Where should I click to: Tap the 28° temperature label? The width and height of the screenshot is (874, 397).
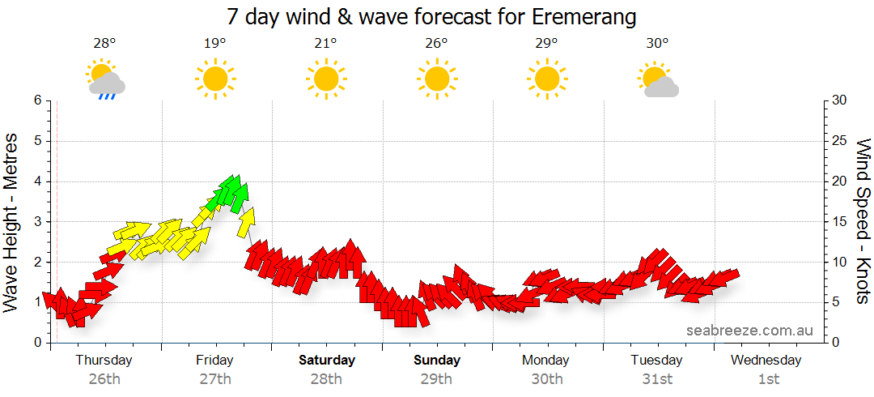coord(104,44)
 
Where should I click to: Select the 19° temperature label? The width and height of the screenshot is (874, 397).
coord(214,44)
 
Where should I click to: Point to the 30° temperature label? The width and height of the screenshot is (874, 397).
coord(657,44)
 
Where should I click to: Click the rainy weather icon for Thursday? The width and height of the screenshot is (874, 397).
coord(105,79)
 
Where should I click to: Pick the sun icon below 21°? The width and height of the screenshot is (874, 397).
coord(325,79)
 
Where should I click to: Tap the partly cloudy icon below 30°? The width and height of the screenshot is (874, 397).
coord(658,79)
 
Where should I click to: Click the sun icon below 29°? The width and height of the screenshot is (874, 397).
coord(546,79)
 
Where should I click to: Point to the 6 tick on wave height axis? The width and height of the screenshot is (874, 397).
coord(37,100)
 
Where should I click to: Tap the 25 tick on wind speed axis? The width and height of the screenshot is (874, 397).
coord(839,141)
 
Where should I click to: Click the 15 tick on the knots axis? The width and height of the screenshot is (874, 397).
coord(839,221)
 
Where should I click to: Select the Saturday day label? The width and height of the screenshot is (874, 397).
coord(326,360)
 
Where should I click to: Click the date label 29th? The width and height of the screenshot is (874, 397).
coord(437,378)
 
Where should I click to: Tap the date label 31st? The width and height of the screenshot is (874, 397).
coord(657,378)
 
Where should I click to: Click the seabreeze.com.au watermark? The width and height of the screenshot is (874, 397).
coord(749,330)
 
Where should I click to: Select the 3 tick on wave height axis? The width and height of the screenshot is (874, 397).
coord(37,221)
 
